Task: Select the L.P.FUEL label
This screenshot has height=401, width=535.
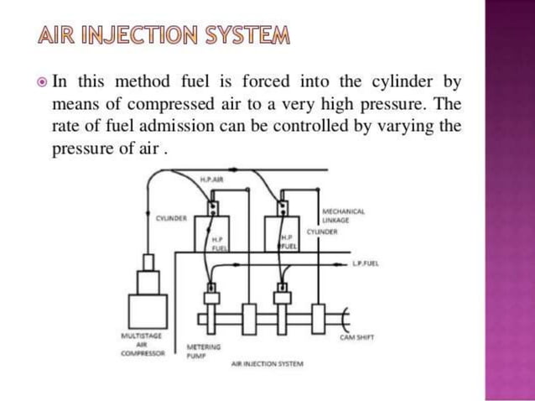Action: point(366,263)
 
